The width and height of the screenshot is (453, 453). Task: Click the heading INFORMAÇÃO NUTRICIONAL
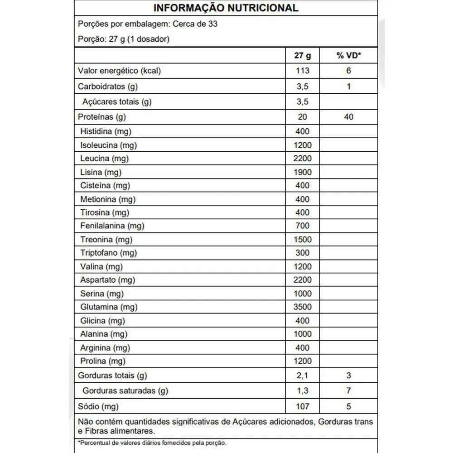click(226, 8)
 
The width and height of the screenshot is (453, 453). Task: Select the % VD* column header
click(348, 56)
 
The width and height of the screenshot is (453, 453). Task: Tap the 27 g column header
click(302, 56)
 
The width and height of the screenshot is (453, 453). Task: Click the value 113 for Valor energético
click(302, 71)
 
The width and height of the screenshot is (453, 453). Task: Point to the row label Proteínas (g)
click(102, 117)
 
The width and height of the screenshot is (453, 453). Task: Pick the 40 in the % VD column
click(348, 117)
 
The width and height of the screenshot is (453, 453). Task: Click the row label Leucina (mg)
click(104, 159)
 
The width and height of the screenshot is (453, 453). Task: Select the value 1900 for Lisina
click(302, 172)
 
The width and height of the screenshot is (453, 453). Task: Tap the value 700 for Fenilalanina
click(302, 226)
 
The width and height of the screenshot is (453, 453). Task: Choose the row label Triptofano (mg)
click(108, 253)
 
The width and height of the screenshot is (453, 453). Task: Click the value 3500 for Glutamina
click(302, 307)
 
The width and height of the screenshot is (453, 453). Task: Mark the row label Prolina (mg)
click(103, 361)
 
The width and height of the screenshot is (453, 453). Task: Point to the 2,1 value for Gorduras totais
click(302, 375)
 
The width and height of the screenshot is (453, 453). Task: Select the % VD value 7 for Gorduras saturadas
click(348, 390)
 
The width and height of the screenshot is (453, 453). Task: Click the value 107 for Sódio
click(302, 406)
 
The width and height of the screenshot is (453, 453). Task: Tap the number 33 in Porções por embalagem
click(212, 24)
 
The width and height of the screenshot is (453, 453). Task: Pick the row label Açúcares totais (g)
click(117, 101)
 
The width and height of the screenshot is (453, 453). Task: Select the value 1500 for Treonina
click(302, 239)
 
